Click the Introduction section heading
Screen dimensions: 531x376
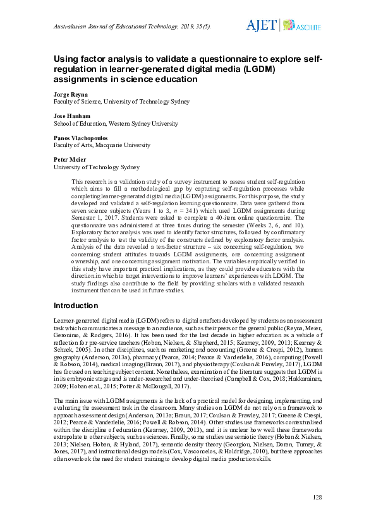click(x=76, y=306)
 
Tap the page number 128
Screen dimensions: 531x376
click(x=317, y=498)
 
